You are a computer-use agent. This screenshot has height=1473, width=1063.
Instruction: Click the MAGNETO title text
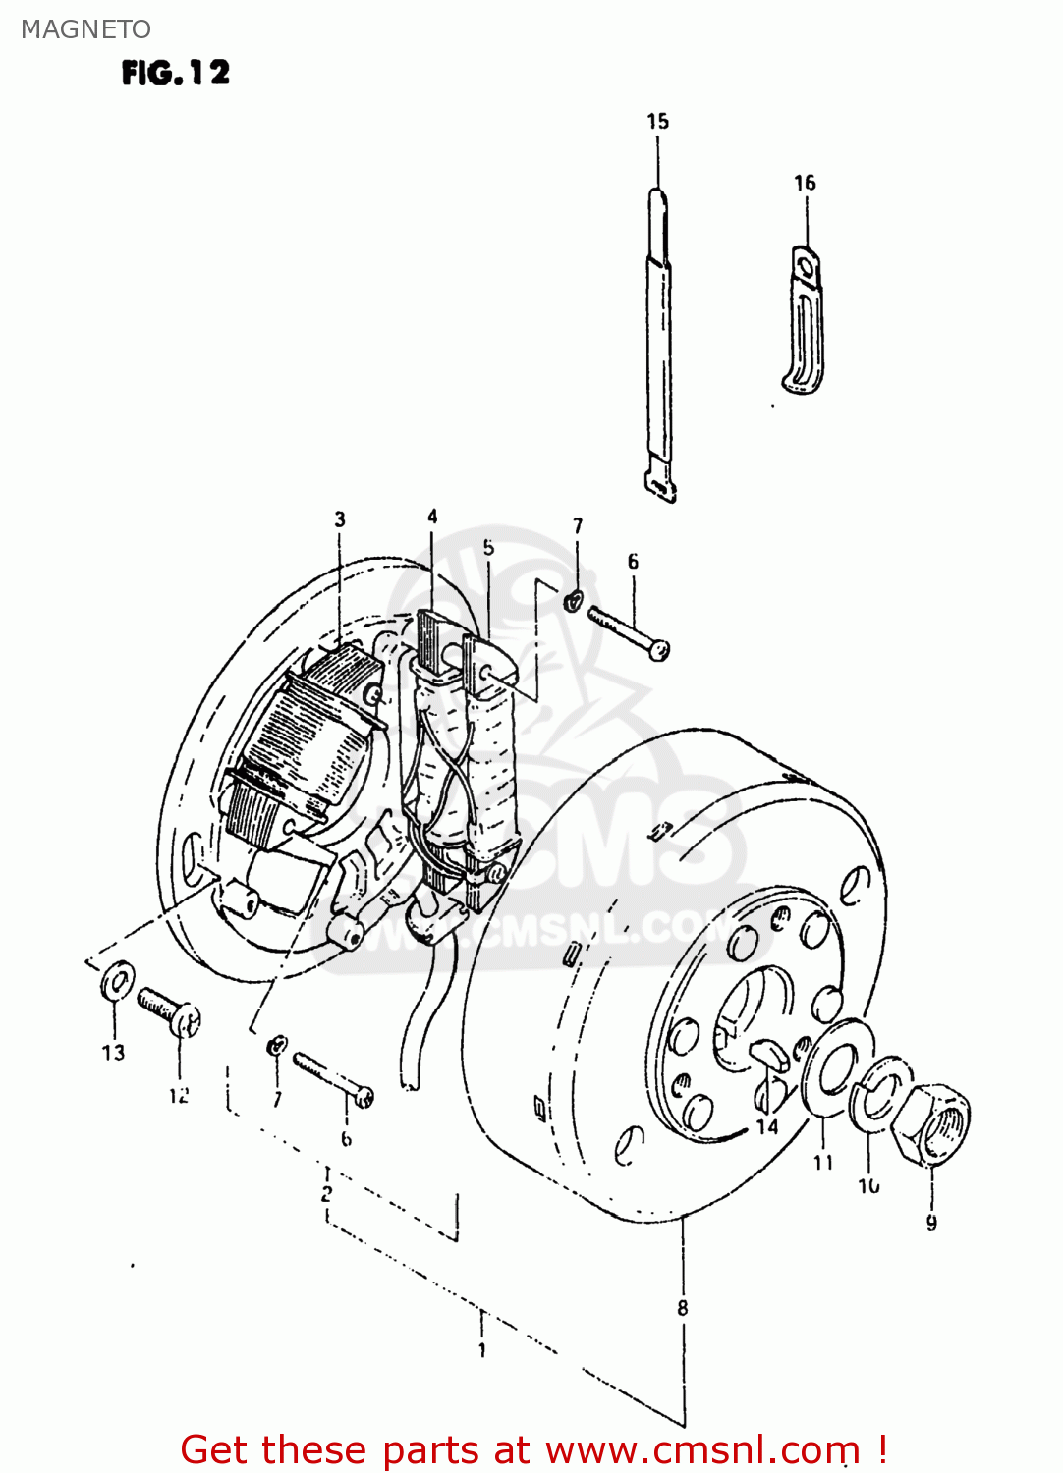tap(85, 29)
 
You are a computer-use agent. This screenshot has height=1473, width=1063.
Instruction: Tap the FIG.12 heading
tap(175, 73)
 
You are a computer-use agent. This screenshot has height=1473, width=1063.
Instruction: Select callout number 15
tap(657, 121)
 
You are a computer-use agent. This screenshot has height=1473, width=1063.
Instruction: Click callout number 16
tap(804, 183)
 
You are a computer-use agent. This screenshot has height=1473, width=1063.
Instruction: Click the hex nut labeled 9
tap(933, 1123)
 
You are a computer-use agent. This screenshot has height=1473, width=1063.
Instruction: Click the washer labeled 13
tap(118, 981)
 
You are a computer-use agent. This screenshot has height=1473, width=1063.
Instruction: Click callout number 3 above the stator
tap(339, 518)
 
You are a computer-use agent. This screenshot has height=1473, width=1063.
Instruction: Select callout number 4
tap(432, 516)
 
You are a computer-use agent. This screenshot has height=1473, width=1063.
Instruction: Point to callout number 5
tap(488, 547)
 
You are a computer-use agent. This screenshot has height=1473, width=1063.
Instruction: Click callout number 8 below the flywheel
tap(682, 1308)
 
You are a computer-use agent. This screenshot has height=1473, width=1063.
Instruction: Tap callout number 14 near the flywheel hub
tap(767, 1126)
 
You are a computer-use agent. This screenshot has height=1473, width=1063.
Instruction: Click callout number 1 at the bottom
tap(481, 1350)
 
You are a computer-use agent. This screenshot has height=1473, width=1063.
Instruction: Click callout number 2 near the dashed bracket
tap(325, 1194)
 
